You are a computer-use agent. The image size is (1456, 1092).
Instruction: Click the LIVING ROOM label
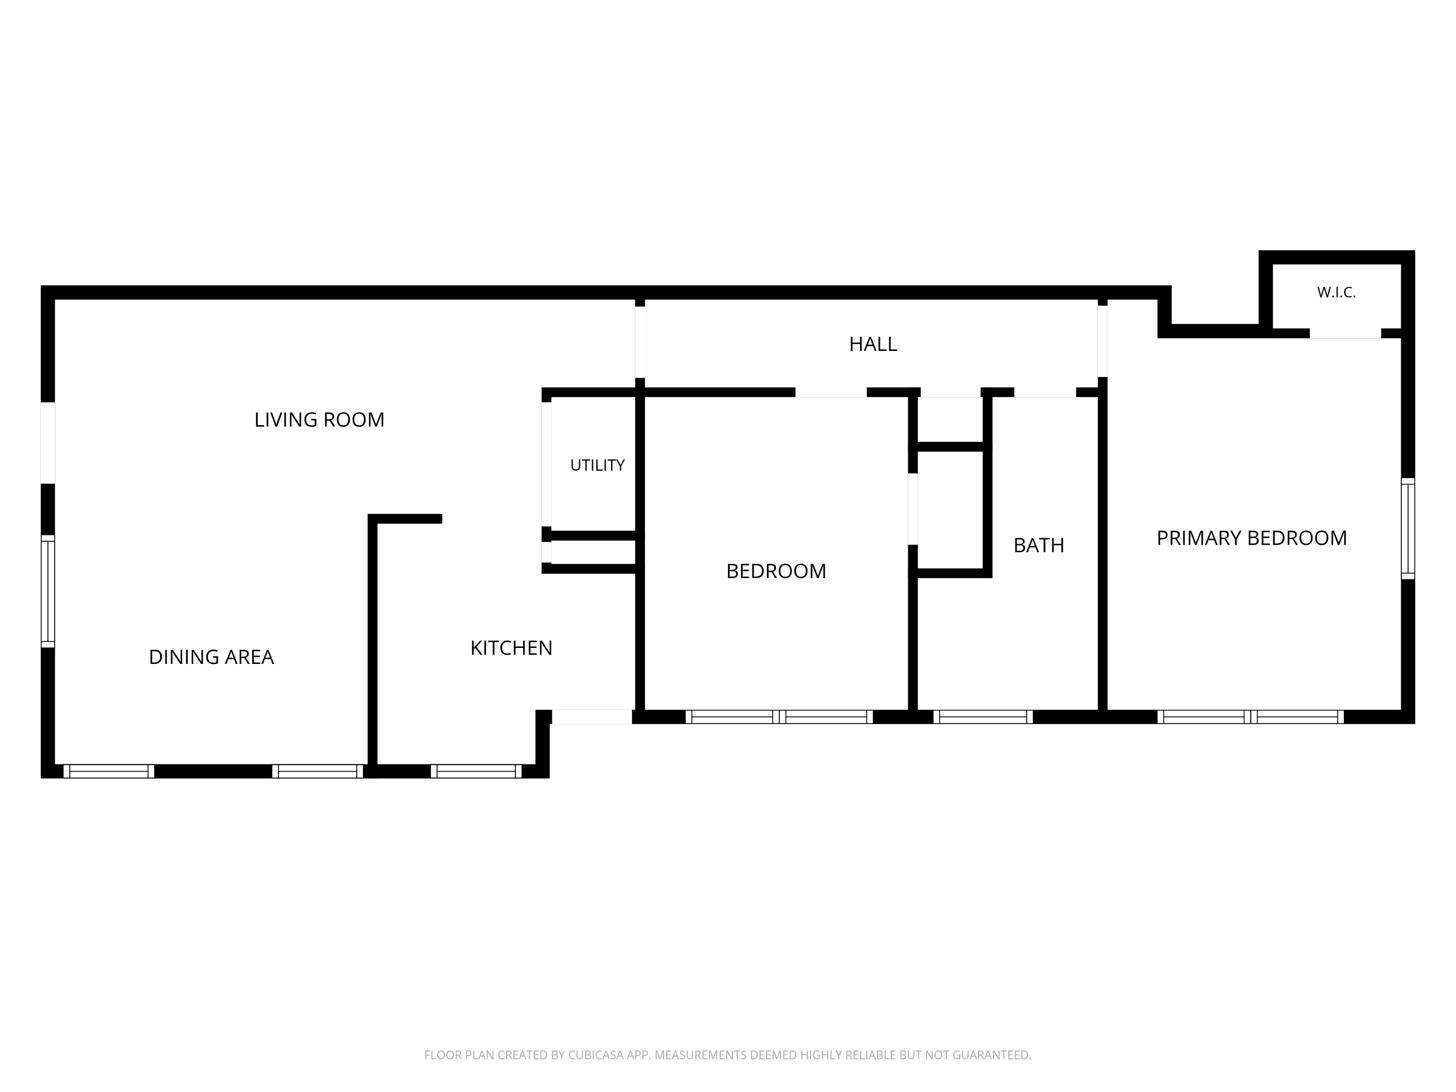pyautogui.click(x=319, y=420)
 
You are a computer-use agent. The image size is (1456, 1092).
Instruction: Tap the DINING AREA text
pyautogui.click(x=211, y=657)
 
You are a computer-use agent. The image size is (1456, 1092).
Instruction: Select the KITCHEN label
pyautogui.click(x=512, y=648)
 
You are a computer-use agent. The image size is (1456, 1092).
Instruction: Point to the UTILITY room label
pyautogui.click(x=597, y=465)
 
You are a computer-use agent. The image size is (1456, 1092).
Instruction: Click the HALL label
pyautogui.click(x=873, y=344)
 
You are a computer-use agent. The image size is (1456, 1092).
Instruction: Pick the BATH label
pyautogui.click(x=1039, y=546)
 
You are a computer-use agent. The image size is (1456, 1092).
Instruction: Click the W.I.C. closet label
pyautogui.click(x=1336, y=293)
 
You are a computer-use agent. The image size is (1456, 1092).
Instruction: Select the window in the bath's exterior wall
pyautogui.click(x=983, y=717)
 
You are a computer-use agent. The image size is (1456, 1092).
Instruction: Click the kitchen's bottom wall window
pyautogui.click(x=476, y=772)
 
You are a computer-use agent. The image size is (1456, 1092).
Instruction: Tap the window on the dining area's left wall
pyautogui.click(x=48, y=591)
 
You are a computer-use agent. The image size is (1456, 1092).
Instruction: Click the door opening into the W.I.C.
pyautogui.click(x=1345, y=334)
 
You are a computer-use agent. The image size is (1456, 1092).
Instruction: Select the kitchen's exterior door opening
pyautogui.click(x=592, y=717)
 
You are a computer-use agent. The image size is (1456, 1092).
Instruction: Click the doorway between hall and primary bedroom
pyautogui.click(x=1103, y=342)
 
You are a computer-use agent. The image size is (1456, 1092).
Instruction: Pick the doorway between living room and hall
pyautogui.click(x=640, y=342)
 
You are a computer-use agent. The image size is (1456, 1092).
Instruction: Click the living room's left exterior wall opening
pyautogui.click(x=48, y=443)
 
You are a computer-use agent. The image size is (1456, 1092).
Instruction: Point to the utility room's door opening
pyautogui.click(x=546, y=464)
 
